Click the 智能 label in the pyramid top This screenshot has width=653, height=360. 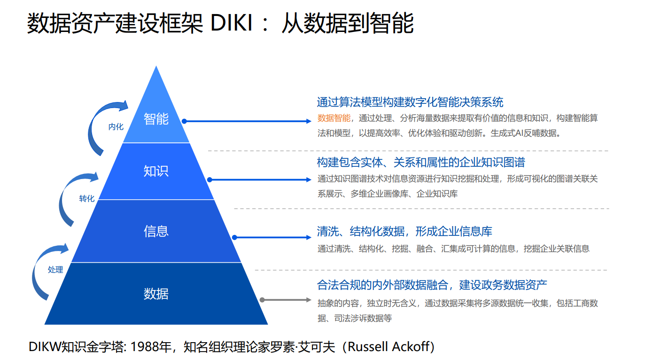click(x=156, y=119)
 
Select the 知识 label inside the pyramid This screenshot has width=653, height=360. click(x=156, y=171)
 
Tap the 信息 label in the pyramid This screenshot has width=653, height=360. click(x=156, y=231)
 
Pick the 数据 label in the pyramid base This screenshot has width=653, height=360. click(x=156, y=293)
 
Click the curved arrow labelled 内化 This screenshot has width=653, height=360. click(x=94, y=120)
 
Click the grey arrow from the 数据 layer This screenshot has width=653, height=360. click(x=286, y=300)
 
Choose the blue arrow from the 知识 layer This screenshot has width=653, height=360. click(x=259, y=180)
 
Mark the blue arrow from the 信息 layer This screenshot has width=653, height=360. click(x=272, y=237)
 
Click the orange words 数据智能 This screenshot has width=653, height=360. click(x=334, y=118)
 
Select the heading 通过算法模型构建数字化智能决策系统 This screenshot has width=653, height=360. click(x=410, y=102)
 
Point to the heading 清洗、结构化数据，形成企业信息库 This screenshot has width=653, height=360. click(x=404, y=231)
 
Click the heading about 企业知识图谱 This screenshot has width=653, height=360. click(x=421, y=162)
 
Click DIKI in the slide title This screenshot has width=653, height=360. click(x=231, y=23)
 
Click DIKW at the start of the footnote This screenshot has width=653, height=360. click(x=45, y=347)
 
